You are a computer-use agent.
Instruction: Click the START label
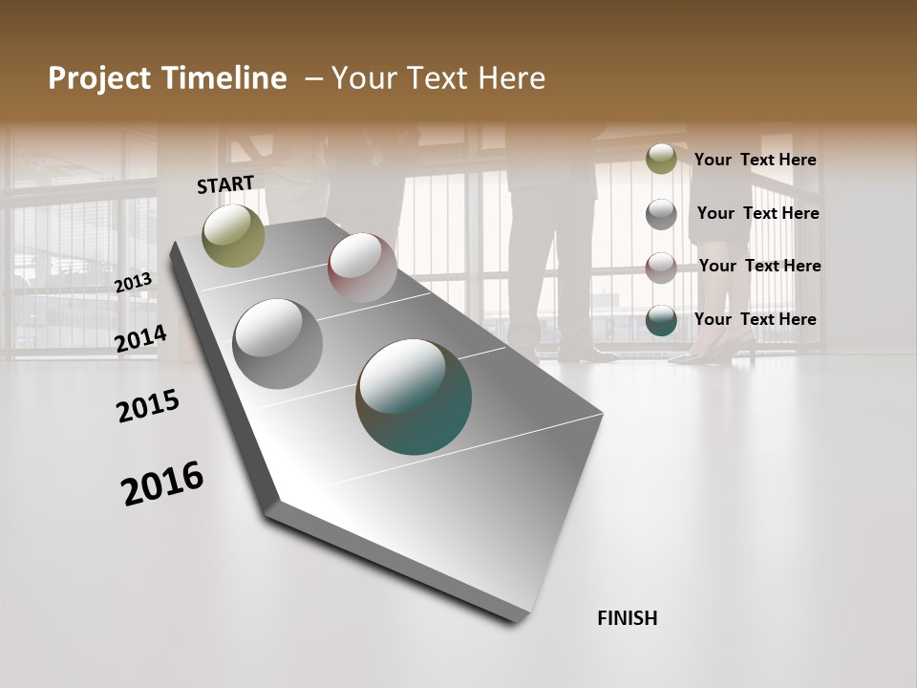(x=225, y=183)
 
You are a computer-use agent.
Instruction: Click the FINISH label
(x=627, y=618)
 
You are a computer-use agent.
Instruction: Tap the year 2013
(x=133, y=282)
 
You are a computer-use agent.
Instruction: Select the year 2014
(x=140, y=339)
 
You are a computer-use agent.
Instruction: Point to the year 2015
(x=147, y=406)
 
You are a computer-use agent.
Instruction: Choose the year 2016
(x=162, y=484)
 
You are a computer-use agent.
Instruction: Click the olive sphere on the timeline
(x=233, y=235)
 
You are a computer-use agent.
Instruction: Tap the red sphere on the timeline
(x=362, y=268)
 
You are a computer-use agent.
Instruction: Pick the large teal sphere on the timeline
(x=414, y=397)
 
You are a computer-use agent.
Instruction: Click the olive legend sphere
(x=661, y=160)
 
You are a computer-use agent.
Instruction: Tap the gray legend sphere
(x=661, y=214)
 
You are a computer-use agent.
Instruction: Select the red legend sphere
(x=661, y=267)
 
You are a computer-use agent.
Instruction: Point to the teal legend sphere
(x=661, y=320)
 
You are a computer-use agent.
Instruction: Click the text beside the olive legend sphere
(x=755, y=161)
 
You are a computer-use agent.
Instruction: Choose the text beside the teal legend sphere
(x=755, y=319)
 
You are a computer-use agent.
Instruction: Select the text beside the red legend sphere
(x=759, y=266)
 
